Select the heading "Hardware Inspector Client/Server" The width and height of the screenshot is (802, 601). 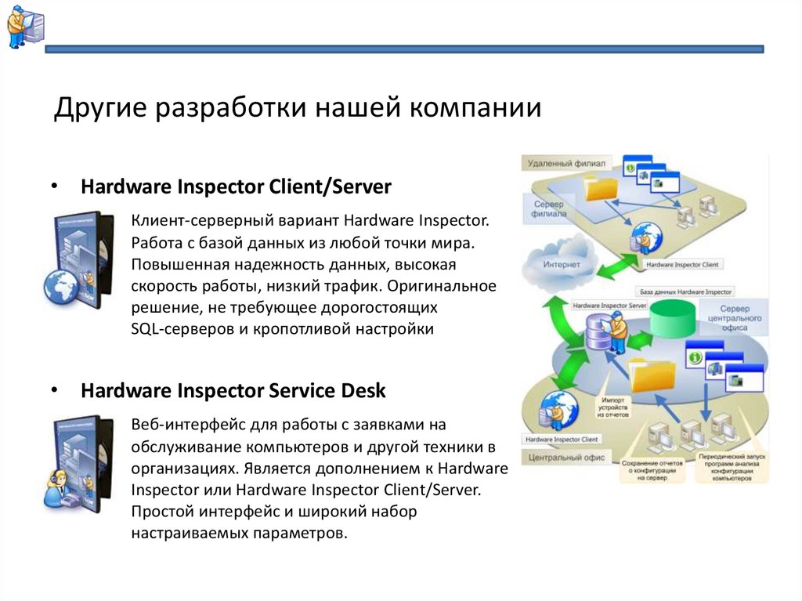(236, 187)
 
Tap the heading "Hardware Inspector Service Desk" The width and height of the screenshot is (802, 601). (233, 390)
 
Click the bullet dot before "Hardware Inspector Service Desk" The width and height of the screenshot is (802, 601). (54, 390)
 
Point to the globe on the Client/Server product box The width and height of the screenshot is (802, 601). (60, 286)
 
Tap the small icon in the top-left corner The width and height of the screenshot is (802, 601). (25, 27)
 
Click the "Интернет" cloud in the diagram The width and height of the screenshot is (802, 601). (561, 264)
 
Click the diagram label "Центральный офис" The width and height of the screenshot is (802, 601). (565, 458)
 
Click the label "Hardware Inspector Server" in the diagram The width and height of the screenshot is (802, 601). (609, 304)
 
